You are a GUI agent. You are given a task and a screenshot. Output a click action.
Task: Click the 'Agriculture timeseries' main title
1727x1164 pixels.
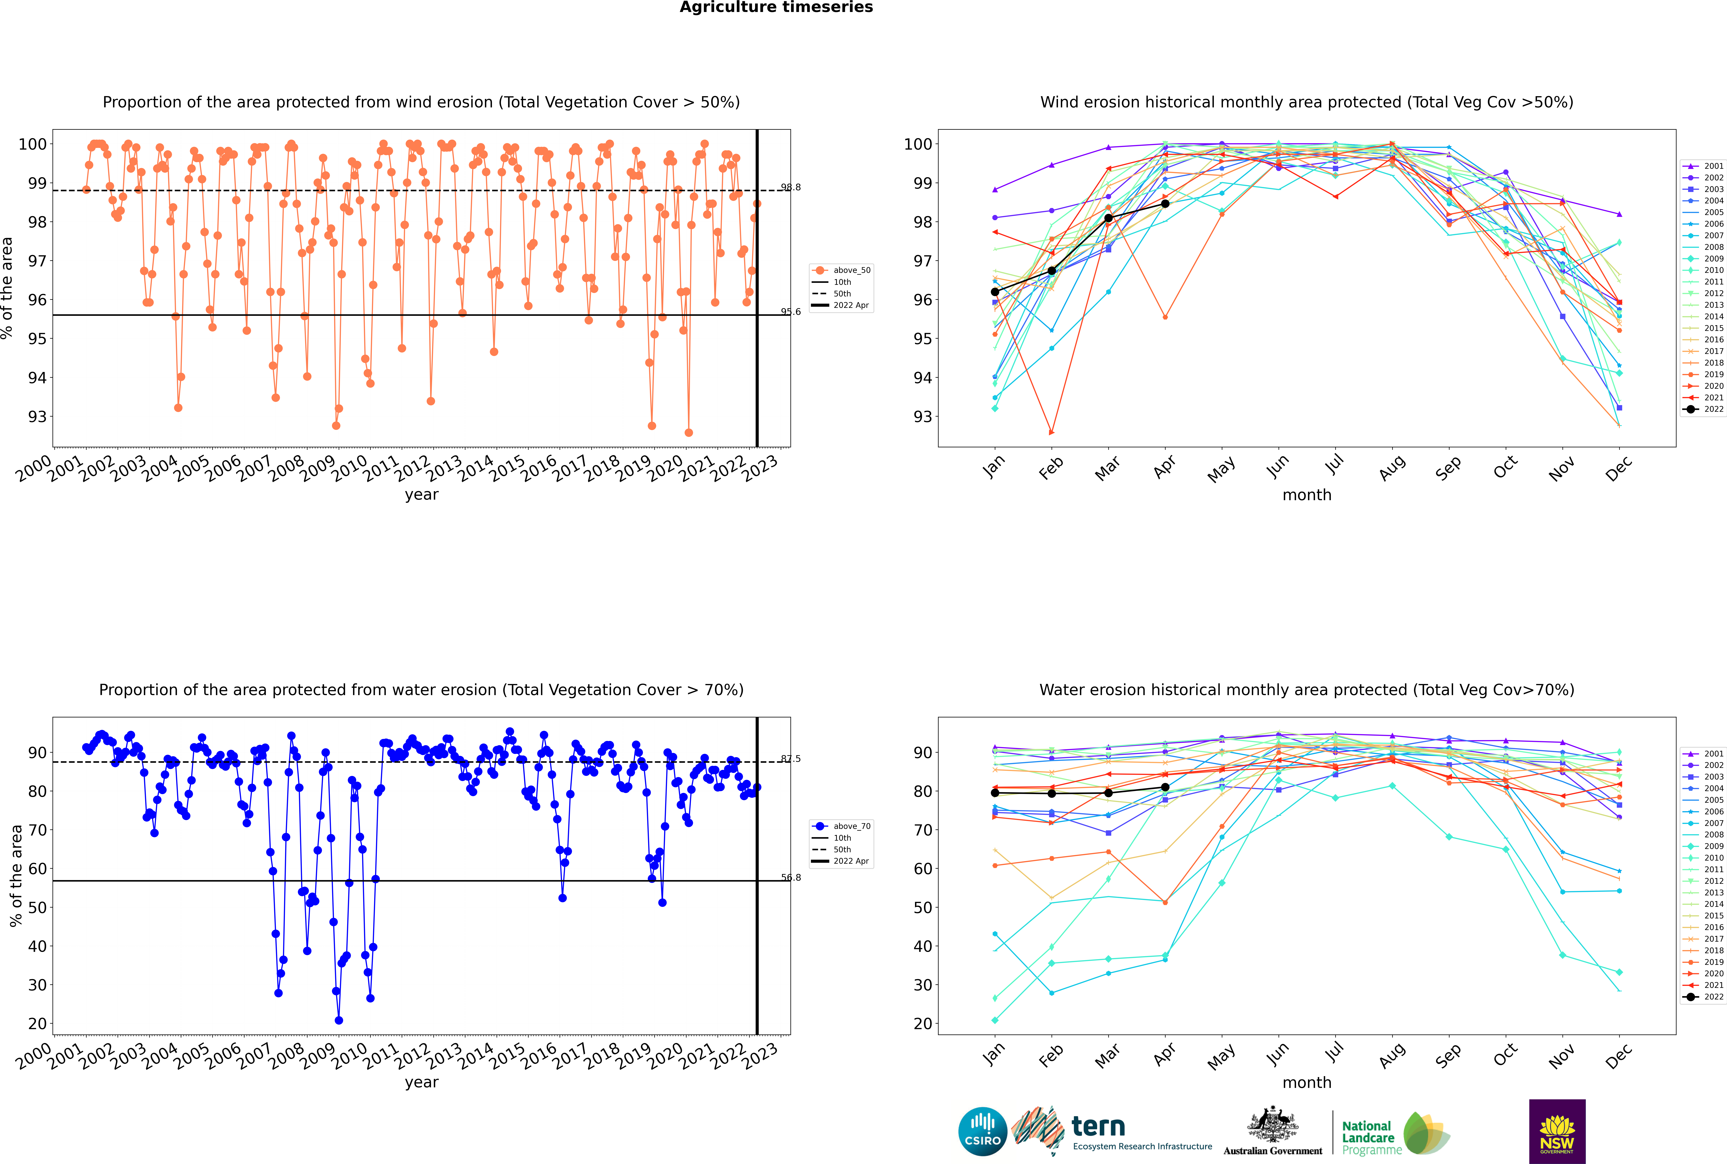point(776,7)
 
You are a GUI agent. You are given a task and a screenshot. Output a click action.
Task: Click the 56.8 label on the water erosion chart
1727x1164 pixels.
point(791,878)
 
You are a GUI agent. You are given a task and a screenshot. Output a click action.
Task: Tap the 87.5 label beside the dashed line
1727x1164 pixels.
point(791,759)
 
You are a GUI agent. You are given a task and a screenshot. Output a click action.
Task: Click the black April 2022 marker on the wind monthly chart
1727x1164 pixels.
point(1165,203)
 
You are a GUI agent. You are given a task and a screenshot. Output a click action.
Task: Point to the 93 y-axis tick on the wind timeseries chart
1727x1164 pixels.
point(37,416)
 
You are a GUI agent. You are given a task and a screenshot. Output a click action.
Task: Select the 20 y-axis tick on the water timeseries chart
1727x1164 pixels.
point(37,1024)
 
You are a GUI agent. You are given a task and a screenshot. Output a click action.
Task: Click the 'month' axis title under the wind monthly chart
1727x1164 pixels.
point(1307,495)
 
